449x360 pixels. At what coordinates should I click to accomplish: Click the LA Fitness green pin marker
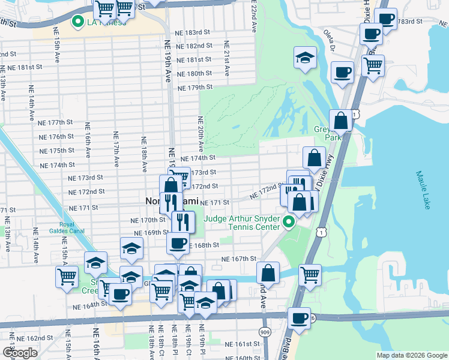pyautogui.click(x=77, y=23)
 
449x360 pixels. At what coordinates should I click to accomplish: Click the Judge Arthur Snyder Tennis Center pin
pyautogui.click(x=289, y=223)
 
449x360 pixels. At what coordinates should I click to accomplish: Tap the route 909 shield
pyautogui.click(x=265, y=331)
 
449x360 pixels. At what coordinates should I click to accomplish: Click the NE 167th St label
pyautogui.click(x=239, y=259)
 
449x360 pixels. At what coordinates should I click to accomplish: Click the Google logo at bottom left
pyautogui.click(x=20, y=353)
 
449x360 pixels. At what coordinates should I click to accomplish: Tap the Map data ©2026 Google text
pyautogui.click(x=412, y=355)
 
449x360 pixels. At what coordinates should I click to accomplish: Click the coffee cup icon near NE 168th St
pyautogui.click(x=178, y=243)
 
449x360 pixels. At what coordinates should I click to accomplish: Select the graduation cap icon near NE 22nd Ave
pyautogui.click(x=305, y=58)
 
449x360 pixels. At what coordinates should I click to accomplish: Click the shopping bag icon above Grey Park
pyautogui.click(x=340, y=120)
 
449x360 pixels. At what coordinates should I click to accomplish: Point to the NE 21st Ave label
pyautogui.click(x=227, y=58)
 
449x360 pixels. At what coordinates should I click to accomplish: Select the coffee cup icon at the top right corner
pyautogui.click(x=387, y=19)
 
